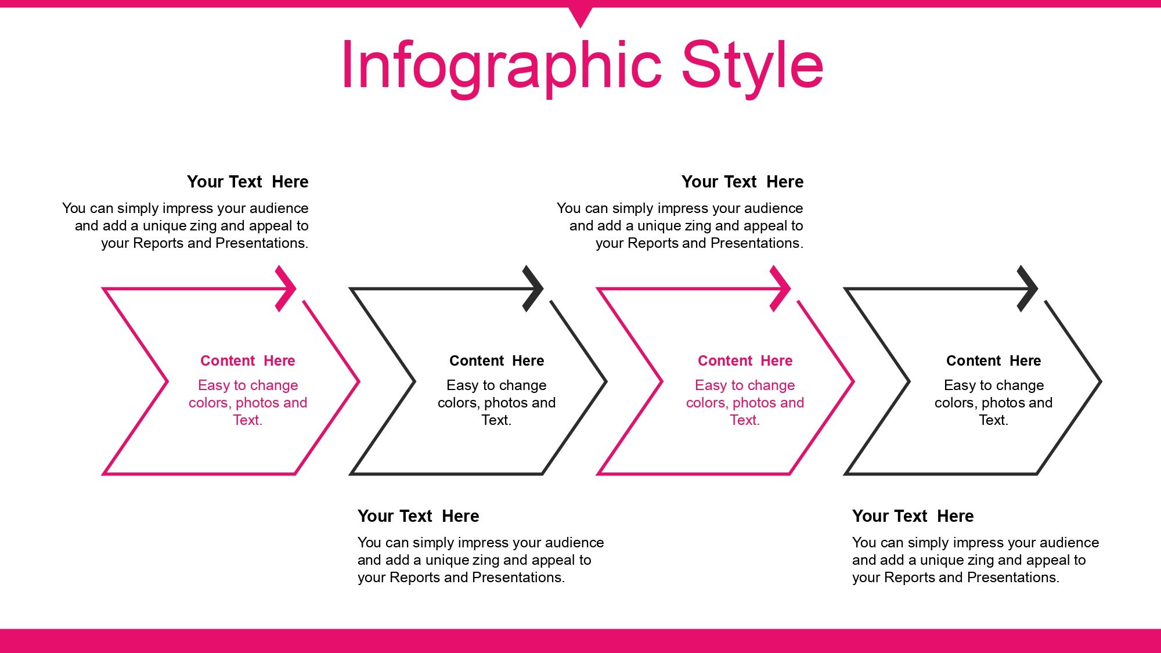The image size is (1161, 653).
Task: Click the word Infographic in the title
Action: pos(502,66)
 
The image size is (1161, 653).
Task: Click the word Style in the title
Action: pos(752,66)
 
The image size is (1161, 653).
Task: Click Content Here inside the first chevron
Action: pos(248,360)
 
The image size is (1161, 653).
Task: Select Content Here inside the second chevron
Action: pos(497,360)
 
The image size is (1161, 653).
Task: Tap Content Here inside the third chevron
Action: pos(745,360)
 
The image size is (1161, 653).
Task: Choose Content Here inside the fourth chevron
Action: pos(994,360)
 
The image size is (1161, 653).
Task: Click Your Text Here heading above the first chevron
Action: pos(248,182)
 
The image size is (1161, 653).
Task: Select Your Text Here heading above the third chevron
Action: pos(742,182)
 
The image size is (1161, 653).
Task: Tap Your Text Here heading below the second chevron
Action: pos(419,516)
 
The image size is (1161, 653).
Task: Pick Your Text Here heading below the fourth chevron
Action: pos(913,516)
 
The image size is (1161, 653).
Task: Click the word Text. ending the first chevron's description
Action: pos(248,420)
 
